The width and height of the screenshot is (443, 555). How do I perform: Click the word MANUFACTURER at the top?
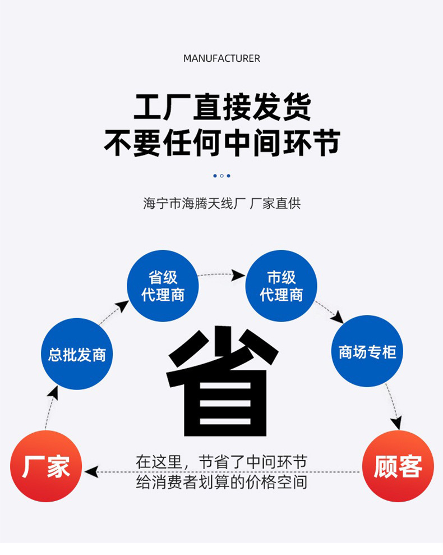(x=221, y=58)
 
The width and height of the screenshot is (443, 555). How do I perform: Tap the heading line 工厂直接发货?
(x=221, y=107)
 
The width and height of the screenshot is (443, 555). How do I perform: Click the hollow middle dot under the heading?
(x=221, y=176)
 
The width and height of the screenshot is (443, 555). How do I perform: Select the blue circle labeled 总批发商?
(x=77, y=354)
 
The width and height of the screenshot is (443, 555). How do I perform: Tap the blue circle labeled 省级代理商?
(x=163, y=286)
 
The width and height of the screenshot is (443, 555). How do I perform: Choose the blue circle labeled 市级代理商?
(x=281, y=286)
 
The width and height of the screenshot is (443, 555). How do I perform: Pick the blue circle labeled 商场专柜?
(x=367, y=351)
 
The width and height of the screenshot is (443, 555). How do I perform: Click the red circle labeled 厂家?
(x=46, y=466)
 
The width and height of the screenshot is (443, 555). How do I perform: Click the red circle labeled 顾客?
(x=398, y=466)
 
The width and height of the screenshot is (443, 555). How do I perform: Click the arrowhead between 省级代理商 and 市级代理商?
(x=239, y=275)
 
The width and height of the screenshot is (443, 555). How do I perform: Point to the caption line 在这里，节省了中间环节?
(x=221, y=462)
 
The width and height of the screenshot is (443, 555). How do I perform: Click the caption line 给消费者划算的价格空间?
(x=221, y=481)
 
